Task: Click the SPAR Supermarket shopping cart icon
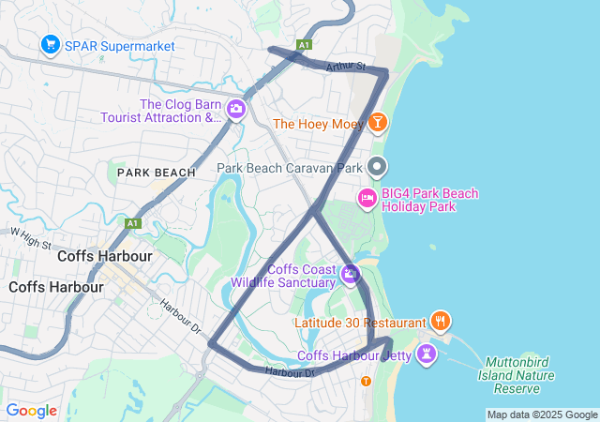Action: pyautogui.click(x=50, y=44)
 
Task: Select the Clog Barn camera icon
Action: pyautogui.click(x=235, y=111)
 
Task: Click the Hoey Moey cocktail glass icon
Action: pyautogui.click(x=377, y=123)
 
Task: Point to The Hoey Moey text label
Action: pyautogui.click(x=317, y=124)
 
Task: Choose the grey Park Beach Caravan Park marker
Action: pyautogui.click(x=377, y=168)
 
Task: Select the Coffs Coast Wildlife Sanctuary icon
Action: pyautogui.click(x=351, y=274)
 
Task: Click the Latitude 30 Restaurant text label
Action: pyautogui.click(x=360, y=323)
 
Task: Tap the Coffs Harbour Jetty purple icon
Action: pyautogui.click(x=427, y=354)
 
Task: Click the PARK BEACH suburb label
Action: pyautogui.click(x=157, y=173)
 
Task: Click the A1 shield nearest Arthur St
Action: pyautogui.click(x=303, y=44)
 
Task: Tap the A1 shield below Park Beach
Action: pyautogui.click(x=133, y=223)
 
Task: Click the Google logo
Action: pyautogui.click(x=31, y=411)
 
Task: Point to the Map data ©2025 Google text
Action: pyautogui.click(x=542, y=414)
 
